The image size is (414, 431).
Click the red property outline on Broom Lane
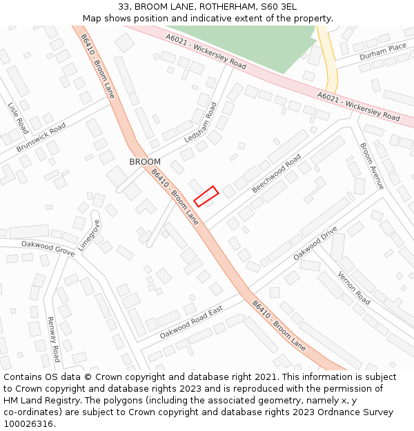[x=206, y=196]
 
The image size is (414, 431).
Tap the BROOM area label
[x=145, y=162]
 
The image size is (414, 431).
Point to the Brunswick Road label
[x=41, y=137]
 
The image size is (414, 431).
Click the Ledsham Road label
[x=201, y=123]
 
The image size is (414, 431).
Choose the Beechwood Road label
[x=276, y=173]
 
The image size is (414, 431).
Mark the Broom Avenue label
[x=371, y=166]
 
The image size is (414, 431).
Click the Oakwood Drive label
[x=315, y=243]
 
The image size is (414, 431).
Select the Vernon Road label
[x=354, y=288]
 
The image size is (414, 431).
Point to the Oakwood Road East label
[x=191, y=323]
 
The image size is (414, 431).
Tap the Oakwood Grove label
[x=48, y=248]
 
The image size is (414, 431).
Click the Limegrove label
[x=89, y=235]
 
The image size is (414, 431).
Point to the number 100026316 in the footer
[x=29, y=423]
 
